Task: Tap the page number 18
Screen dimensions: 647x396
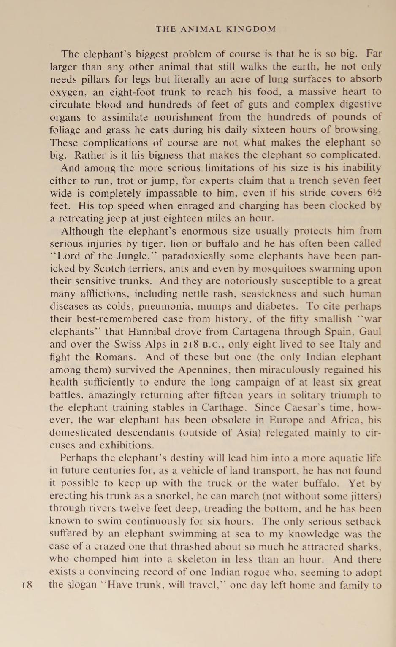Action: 27,585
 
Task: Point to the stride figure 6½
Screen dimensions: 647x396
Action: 374,193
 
